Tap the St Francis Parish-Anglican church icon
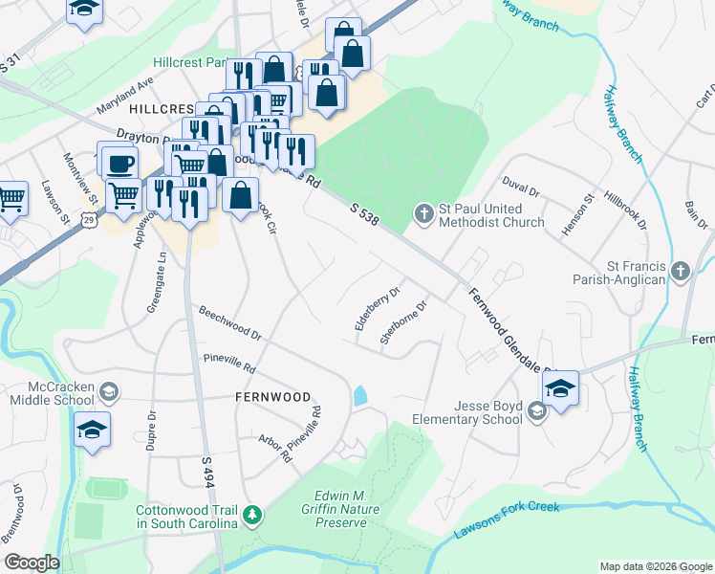pyautogui.click(x=680, y=271)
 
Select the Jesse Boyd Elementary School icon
pyautogui.click(x=536, y=410)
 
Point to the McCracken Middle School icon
pyautogui.click(x=109, y=391)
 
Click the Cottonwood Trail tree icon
pyautogui.click(x=252, y=516)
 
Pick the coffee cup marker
pyautogui.click(x=119, y=164)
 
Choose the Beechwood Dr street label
pyautogui.click(x=230, y=323)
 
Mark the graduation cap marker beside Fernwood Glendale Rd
pyautogui.click(x=560, y=387)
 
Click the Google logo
pyautogui.click(x=32, y=563)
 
